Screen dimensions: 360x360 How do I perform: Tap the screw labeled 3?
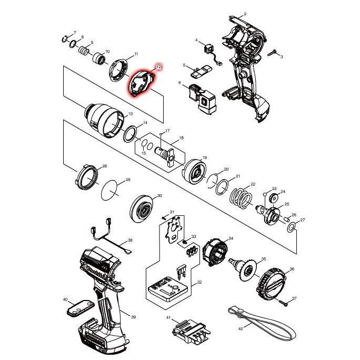point(274,53)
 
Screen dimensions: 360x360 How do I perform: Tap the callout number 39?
point(134,317)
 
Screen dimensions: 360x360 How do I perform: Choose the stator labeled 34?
point(215,252)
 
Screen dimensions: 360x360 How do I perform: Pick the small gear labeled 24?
point(274,199)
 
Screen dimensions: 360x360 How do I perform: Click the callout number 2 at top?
point(245,14)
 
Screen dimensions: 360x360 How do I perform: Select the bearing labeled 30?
point(142,210)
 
